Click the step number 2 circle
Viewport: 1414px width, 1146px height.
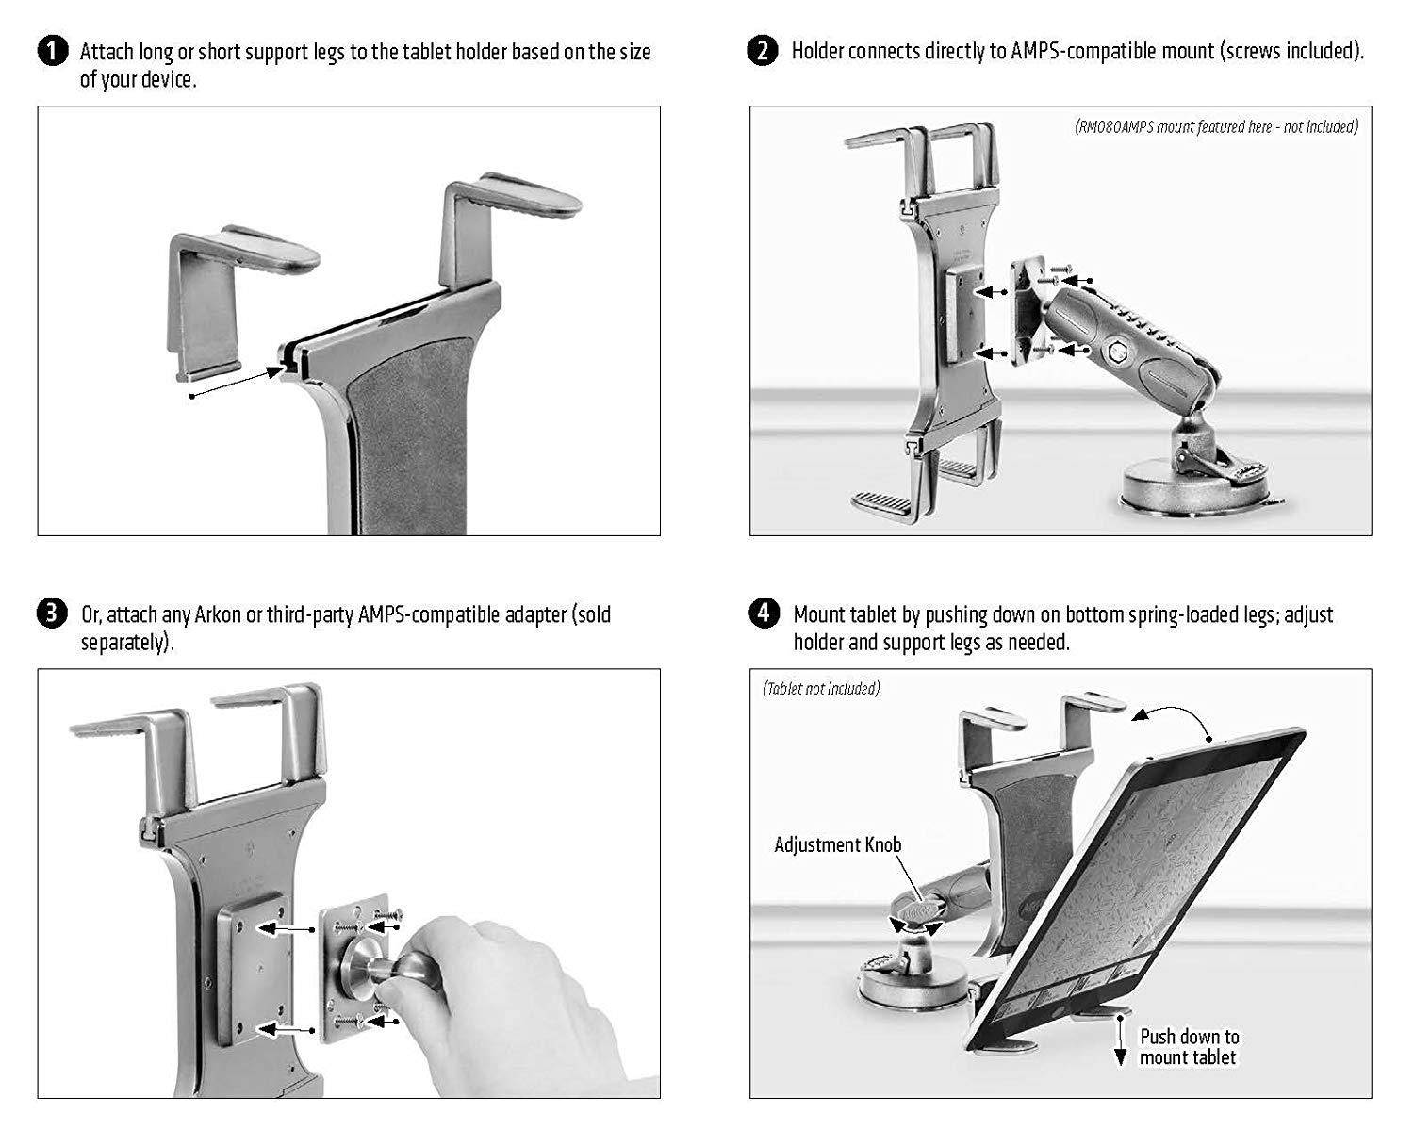(763, 51)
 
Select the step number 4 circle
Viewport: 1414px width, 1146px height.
(763, 614)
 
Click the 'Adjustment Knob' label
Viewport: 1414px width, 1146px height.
(837, 844)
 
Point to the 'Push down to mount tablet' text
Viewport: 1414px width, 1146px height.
(1188, 1047)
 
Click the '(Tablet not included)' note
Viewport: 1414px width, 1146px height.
(820, 689)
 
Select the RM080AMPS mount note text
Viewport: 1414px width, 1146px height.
(1215, 126)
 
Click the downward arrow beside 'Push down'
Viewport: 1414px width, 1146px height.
(1120, 1046)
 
